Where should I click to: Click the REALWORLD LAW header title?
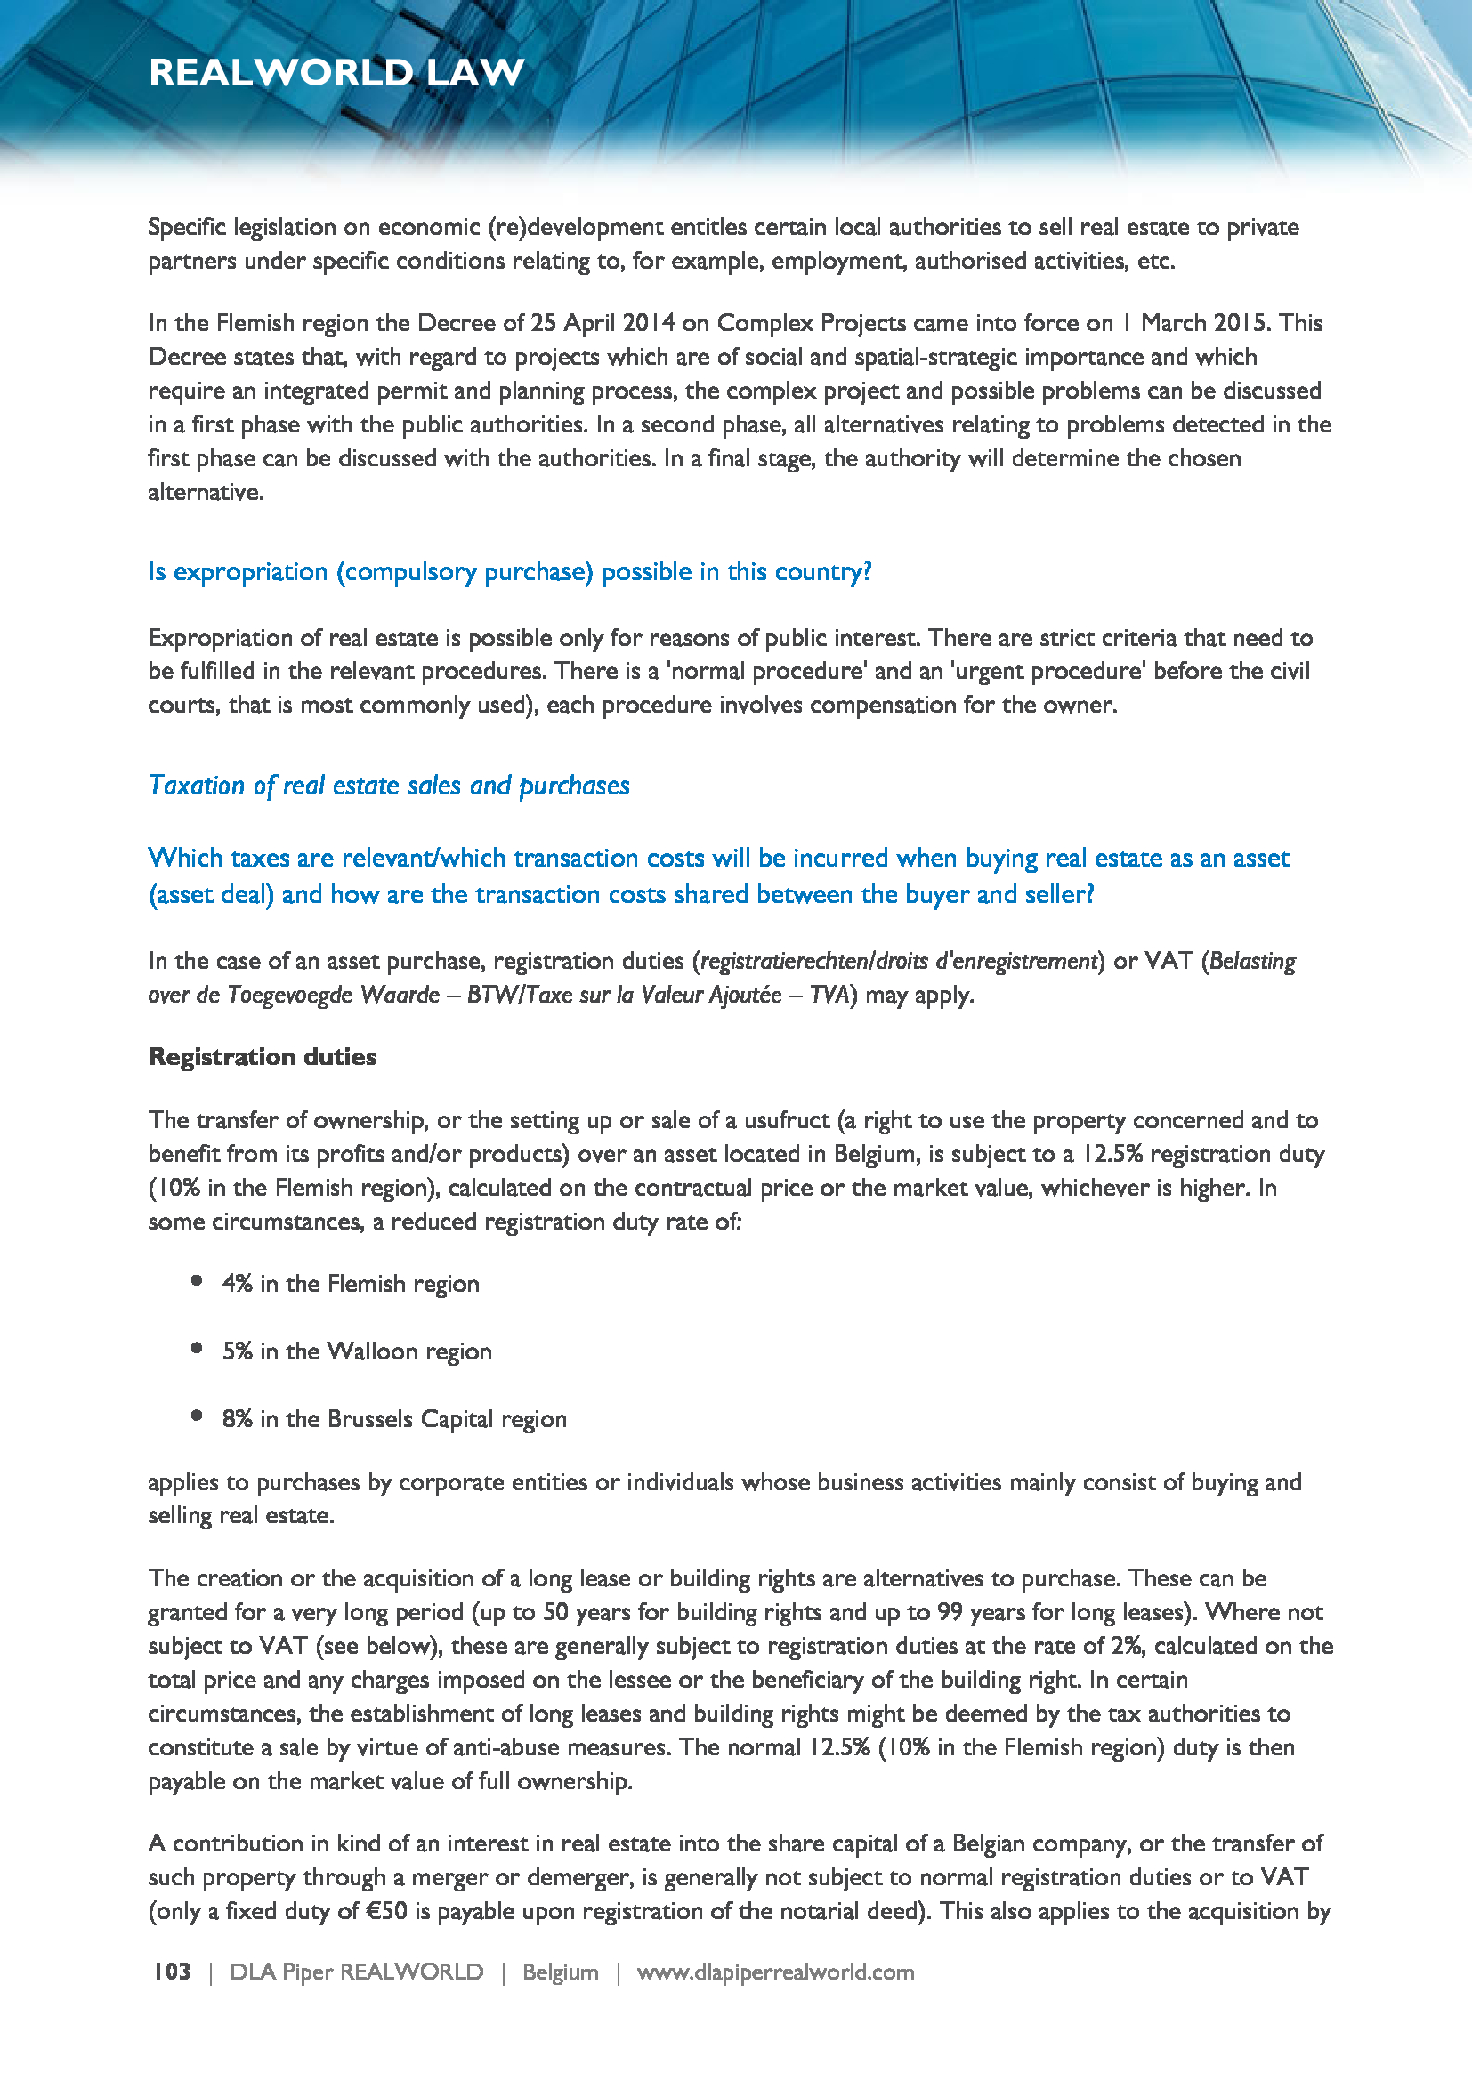click(336, 72)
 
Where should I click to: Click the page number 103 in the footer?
click(171, 1972)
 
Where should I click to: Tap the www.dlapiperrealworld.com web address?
click(775, 1972)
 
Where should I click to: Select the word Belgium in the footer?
click(560, 1972)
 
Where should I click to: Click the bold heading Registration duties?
click(262, 1057)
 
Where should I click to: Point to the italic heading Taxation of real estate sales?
click(389, 785)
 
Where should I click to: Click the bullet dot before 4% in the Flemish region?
click(197, 1280)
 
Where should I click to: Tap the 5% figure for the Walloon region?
click(237, 1351)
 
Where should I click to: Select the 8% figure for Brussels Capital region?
click(237, 1418)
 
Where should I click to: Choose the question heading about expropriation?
click(509, 572)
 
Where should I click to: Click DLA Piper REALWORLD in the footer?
click(356, 1972)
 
